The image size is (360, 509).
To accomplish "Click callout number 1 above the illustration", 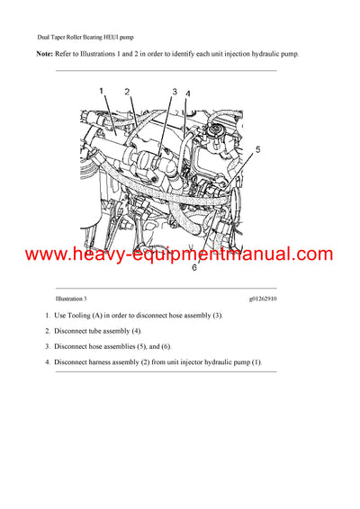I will pyautogui.click(x=102, y=90).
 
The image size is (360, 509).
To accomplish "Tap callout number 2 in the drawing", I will pyautogui.click(x=127, y=92).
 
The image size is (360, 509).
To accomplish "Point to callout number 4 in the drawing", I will pyautogui.click(x=187, y=94).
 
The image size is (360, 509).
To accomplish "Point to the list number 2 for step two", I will pyautogui.click(x=47, y=332).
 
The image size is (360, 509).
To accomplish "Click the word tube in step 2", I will pyautogui.click(x=95, y=332).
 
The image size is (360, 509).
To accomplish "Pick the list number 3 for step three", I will pyautogui.click(x=47, y=347).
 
